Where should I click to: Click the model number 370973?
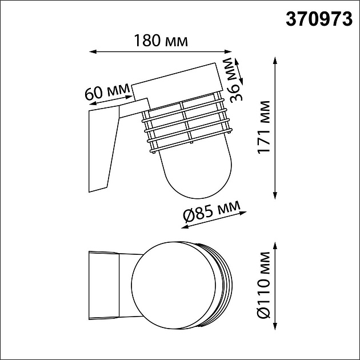(319, 19)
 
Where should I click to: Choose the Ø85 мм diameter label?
(211, 213)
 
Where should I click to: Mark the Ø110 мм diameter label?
(263, 285)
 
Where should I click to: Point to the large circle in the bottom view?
(171, 285)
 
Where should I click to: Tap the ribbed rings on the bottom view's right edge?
(222, 285)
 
